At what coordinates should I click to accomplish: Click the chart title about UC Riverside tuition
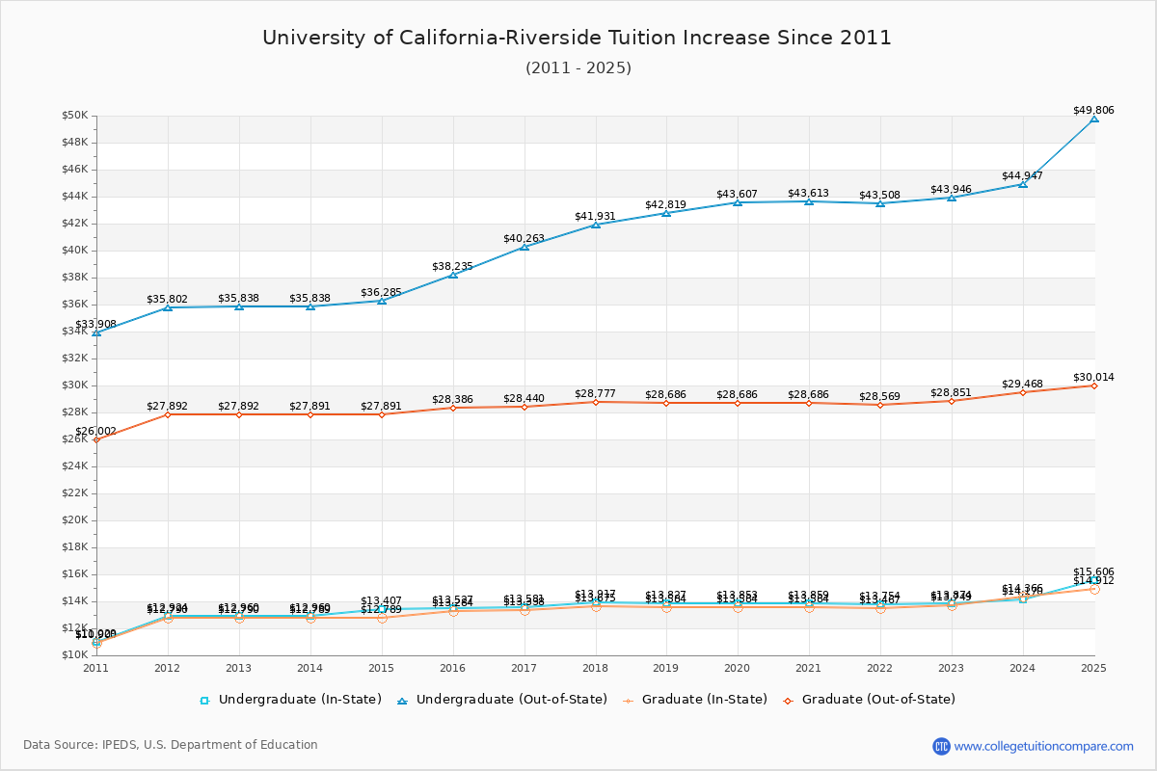(577, 39)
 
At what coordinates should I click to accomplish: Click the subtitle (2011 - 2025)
(578, 68)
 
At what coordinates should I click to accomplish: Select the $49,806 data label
(1093, 111)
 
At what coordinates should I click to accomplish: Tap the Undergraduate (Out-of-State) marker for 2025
(1093, 119)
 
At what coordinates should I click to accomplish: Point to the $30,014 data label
(1093, 378)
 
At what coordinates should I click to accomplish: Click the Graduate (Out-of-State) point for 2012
(168, 414)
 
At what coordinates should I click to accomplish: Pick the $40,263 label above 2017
(524, 238)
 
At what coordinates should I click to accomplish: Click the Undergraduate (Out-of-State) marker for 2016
(453, 275)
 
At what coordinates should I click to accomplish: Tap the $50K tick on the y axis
(74, 116)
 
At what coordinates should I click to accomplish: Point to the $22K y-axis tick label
(74, 493)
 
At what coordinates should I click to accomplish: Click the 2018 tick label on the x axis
(595, 668)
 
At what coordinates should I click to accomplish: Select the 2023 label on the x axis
(951, 668)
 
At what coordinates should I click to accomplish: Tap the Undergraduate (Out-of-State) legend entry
(501, 700)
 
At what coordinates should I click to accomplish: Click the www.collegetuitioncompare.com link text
(1044, 746)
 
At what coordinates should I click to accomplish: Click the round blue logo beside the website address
(941, 746)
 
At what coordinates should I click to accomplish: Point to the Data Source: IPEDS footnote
(171, 745)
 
